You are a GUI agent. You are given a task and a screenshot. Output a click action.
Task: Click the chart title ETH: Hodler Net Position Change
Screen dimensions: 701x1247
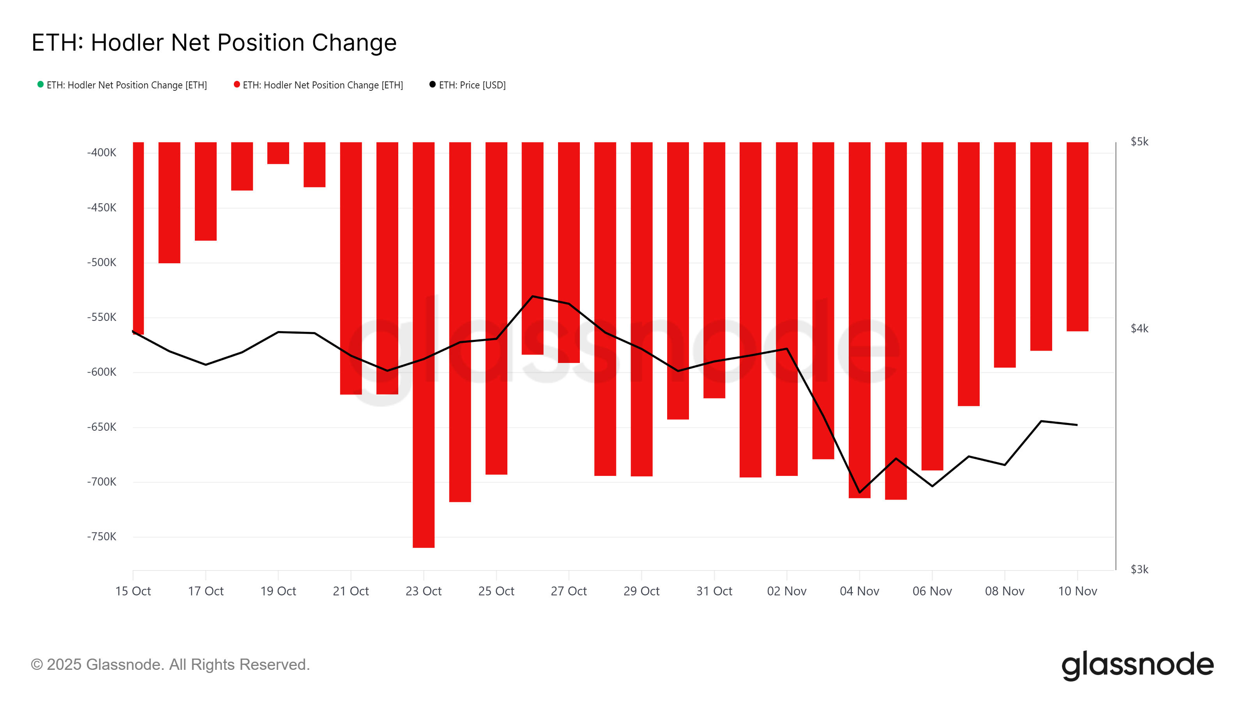coord(214,42)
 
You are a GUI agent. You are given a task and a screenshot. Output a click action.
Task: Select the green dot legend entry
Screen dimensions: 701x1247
coord(122,85)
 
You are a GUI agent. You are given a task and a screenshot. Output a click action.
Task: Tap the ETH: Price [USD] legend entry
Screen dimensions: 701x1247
coord(468,85)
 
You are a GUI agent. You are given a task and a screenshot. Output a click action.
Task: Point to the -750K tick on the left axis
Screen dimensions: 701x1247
coord(102,537)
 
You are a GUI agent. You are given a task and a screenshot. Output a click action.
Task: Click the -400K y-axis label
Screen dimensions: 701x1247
coord(102,153)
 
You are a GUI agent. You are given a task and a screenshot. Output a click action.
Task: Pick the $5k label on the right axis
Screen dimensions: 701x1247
coord(1139,142)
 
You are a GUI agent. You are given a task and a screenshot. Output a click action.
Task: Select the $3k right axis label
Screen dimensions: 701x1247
coord(1139,569)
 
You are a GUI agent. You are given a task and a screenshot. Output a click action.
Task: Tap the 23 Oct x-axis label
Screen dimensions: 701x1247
coord(424,591)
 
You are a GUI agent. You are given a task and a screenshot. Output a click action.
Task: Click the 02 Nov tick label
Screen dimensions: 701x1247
coord(787,591)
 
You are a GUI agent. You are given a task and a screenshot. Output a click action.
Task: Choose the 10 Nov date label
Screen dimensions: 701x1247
coord(1077,591)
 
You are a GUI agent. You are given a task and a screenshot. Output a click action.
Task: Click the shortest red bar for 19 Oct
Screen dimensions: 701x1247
coord(278,153)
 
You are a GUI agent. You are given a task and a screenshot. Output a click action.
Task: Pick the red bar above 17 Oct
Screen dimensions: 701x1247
coord(206,191)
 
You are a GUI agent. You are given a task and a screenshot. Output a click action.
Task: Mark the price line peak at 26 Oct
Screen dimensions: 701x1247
coord(532,296)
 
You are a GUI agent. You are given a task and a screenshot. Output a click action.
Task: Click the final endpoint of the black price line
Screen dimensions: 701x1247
coord(1077,425)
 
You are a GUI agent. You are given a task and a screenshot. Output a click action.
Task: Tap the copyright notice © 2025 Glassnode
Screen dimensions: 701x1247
coord(170,665)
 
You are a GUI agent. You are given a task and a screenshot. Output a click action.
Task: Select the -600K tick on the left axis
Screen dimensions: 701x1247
coord(102,372)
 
